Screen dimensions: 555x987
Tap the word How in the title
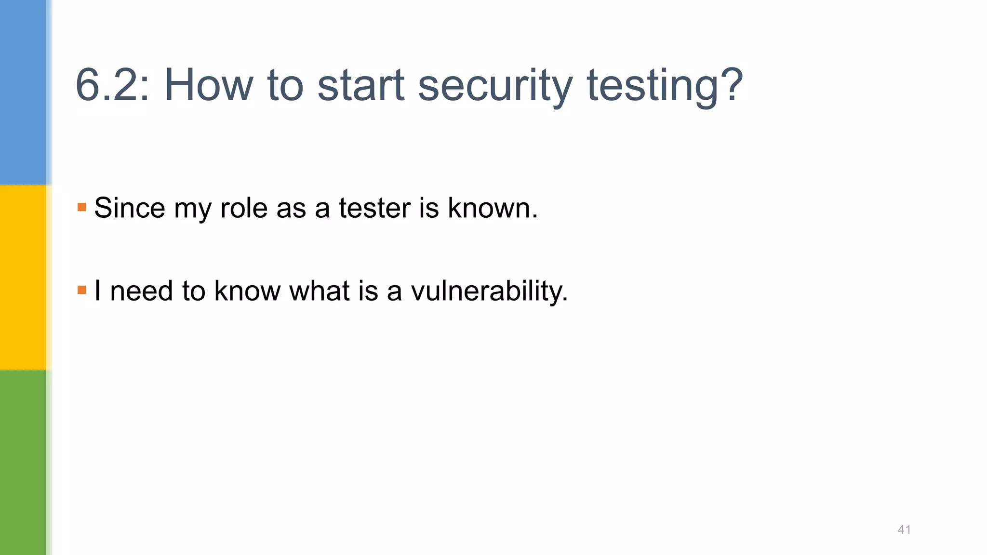[x=208, y=85]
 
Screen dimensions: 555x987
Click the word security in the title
[x=495, y=85]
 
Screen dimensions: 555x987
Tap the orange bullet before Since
[x=81, y=207]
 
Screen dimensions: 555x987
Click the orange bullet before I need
[x=81, y=290]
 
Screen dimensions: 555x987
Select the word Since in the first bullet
[x=130, y=208]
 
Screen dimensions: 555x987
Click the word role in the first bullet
[x=243, y=208]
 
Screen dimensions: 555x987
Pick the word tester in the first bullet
[x=374, y=208]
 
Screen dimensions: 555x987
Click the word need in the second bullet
[x=141, y=291]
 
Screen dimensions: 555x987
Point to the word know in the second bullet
[x=247, y=291]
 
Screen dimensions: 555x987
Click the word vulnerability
[x=488, y=291]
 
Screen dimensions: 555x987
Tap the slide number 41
[x=904, y=529]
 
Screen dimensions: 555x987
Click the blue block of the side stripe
[x=23, y=92]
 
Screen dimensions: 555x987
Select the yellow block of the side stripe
[x=23, y=277]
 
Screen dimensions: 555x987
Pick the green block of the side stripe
[x=23, y=462]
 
